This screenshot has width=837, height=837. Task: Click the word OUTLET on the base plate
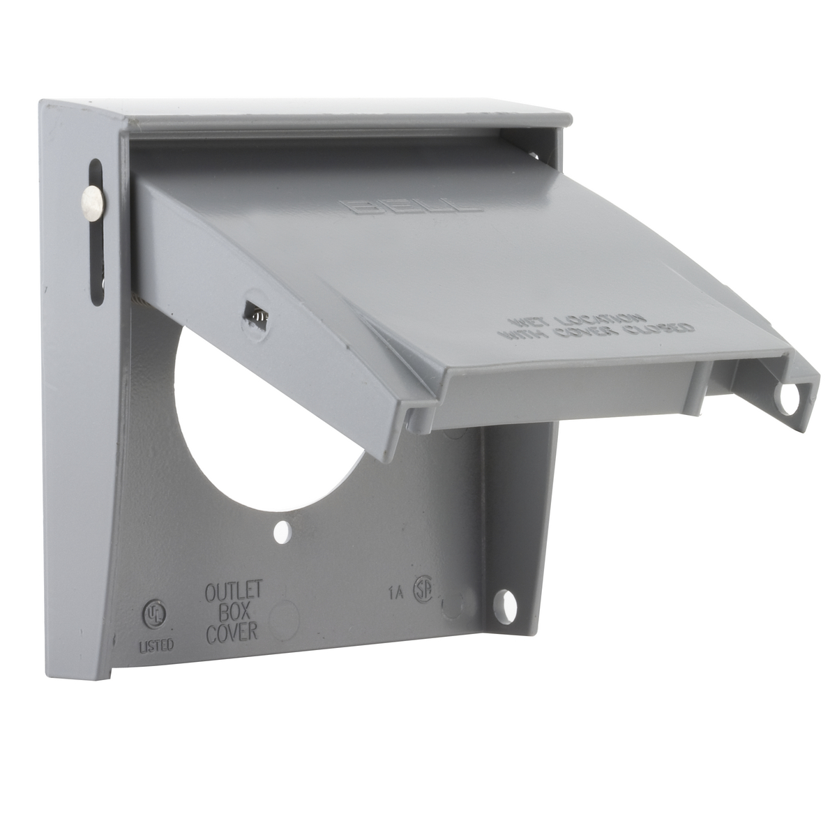[232, 591]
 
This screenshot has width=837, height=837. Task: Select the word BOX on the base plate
[232, 612]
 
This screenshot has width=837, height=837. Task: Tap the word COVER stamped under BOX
[232, 632]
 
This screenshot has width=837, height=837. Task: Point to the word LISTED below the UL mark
[155, 645]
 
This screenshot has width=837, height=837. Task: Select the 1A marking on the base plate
[395, 594]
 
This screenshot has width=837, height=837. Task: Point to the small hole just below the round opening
[282, 532]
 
